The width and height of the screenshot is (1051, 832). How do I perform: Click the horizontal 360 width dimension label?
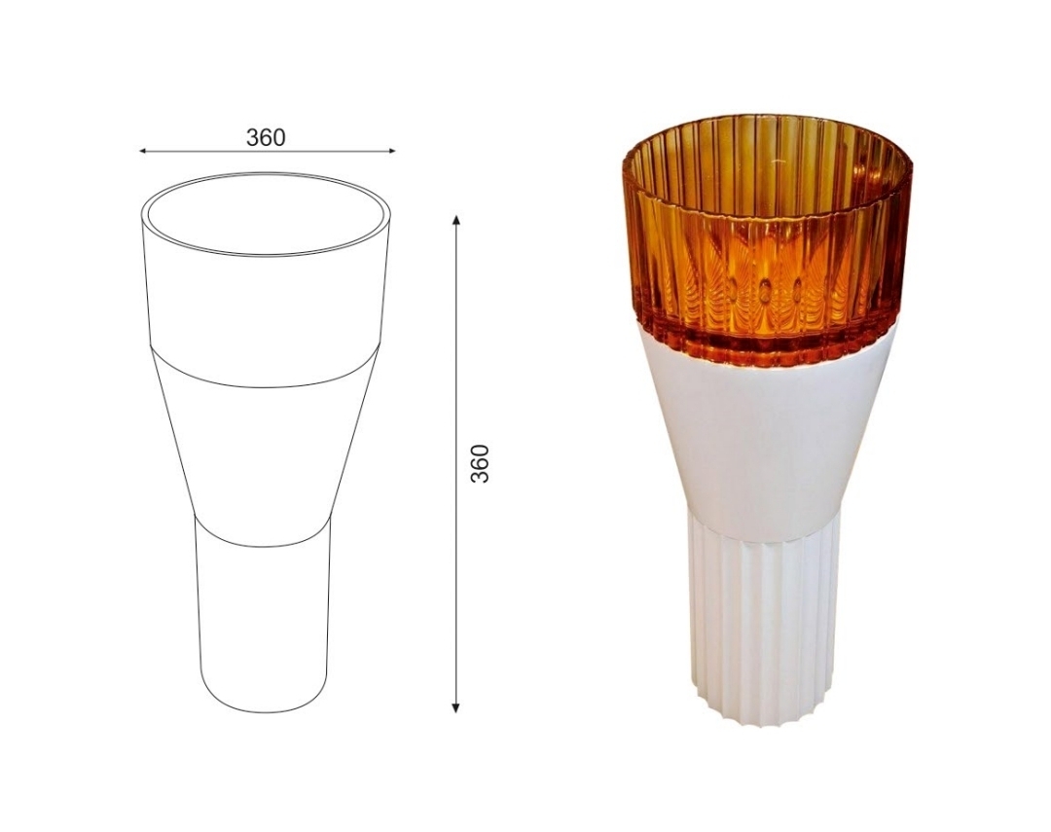[266, 137]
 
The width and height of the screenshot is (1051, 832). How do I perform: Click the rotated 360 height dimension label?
[480, 463]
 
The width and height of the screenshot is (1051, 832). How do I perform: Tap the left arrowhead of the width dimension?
[143, 152]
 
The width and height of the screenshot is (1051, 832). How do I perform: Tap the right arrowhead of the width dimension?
[391, 152]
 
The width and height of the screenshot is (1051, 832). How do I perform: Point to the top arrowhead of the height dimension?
[455, 220]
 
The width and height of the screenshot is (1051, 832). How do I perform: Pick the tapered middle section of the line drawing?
[264, 443]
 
